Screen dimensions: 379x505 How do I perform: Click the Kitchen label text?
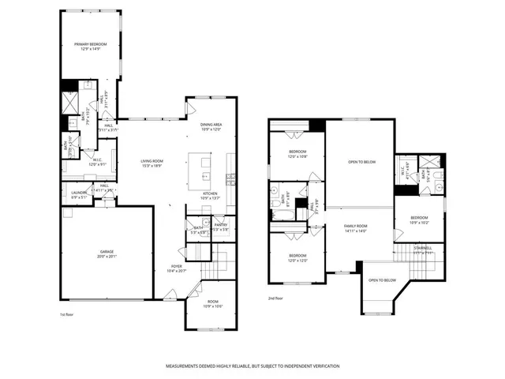click(x=210, y=195)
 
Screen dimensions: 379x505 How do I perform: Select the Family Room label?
click(x=356, y=228)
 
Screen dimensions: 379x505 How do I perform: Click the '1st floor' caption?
click(x=69, y=314)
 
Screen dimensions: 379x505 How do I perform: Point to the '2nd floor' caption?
click(x=275, y=298)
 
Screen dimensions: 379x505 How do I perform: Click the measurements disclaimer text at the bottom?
click(x=252, y=366)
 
